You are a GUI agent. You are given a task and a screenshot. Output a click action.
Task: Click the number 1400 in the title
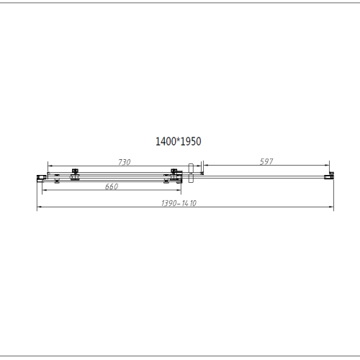166,143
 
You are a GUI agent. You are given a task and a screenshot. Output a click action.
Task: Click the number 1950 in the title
191,143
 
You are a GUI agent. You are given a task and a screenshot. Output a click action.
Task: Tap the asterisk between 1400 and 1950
179,142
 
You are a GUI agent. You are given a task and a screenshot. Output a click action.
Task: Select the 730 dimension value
123,163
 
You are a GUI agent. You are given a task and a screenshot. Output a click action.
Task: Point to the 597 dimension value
266,163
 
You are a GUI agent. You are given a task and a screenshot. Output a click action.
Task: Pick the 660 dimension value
112,186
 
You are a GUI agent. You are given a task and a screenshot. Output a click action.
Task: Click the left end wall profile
40,175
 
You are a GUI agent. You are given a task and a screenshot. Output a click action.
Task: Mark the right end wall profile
331,174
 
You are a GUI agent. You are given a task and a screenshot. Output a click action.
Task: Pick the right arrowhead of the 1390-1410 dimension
333,208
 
